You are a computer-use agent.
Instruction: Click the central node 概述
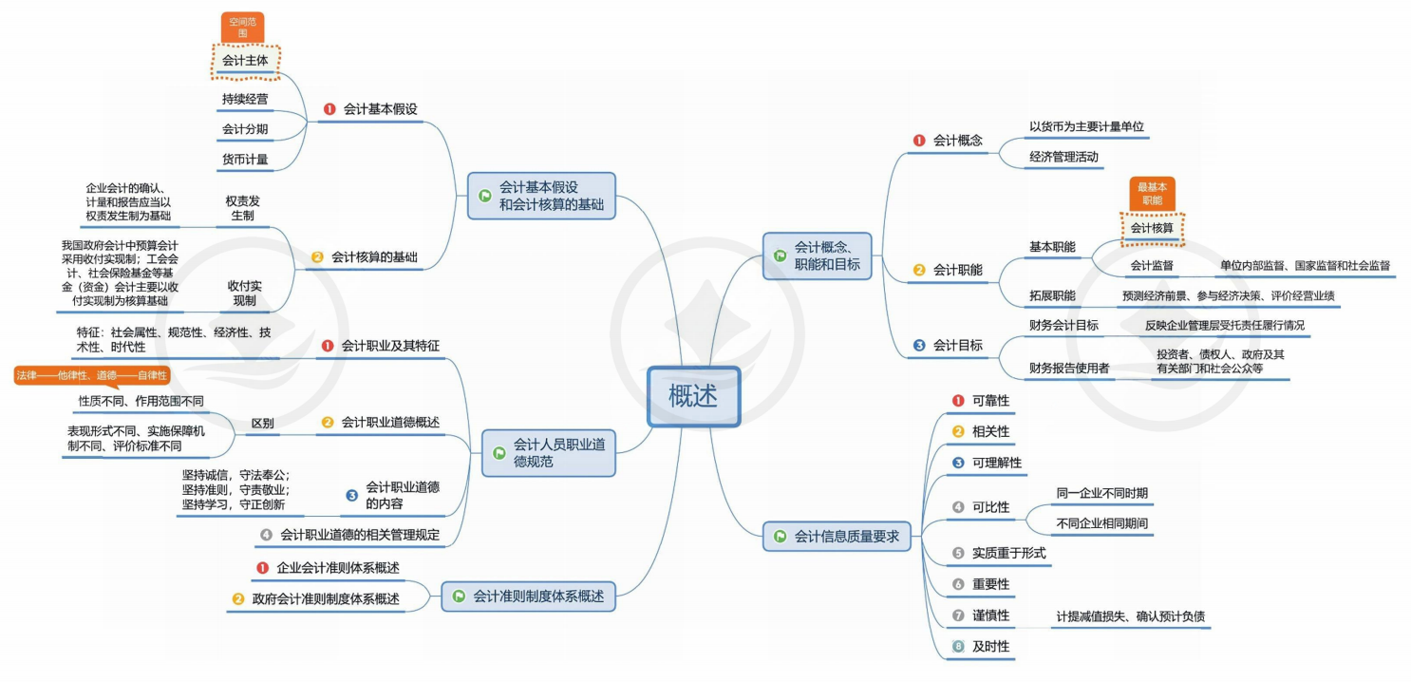(693, 396)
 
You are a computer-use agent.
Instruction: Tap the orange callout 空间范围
(242, 28)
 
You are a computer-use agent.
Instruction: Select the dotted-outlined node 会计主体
(245, 61)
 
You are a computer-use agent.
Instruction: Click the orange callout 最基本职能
(1152, 194)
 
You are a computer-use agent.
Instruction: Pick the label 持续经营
(245, 99)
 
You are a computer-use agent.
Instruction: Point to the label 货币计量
(245, 160)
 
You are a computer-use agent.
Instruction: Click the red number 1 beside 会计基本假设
(329, 109)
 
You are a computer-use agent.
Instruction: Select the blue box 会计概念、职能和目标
(817, 256)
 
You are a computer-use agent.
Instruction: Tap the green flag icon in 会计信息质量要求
(780, 537)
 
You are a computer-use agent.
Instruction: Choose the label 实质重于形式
(1008, 553)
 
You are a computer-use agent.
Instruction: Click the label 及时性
(991, 646)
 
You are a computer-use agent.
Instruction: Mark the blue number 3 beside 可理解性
(958, 463)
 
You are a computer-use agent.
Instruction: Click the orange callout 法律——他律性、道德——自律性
(92, 375)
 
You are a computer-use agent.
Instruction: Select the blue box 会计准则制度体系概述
(529, 597)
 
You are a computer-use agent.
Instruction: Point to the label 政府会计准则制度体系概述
(326, 598)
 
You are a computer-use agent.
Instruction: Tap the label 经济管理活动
(1063, 157)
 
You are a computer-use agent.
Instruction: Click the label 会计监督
(1152, 265)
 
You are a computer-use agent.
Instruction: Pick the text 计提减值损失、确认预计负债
(1131, 616)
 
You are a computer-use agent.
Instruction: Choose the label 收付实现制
(244, 294)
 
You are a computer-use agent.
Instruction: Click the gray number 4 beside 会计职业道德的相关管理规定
(266, 535)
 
